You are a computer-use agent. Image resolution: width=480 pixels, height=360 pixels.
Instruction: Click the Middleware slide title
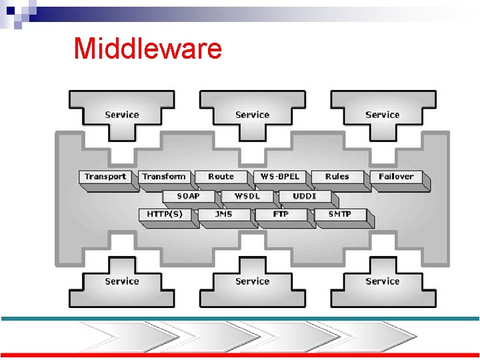pos(147,49)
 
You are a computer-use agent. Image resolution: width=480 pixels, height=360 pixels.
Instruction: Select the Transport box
pos(105,177)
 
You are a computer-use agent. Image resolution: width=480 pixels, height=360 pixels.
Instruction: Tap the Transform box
pos(163,177)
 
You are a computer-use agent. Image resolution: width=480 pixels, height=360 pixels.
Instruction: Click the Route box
pos(221,177)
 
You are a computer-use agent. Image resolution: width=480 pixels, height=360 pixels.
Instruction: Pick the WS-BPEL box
pos(280,177)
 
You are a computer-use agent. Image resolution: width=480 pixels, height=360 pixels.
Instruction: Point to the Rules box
pos(337,177)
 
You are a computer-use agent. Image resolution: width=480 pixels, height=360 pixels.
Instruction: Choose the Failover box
pos(396,177)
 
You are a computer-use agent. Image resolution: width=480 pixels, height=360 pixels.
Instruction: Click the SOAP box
pos(189,196)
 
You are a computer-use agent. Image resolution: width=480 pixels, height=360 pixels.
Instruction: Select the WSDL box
pos(247,196)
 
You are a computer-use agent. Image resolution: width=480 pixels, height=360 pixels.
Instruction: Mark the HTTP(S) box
pos(164,215)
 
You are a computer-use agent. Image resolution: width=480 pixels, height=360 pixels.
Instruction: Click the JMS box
pos(223,215)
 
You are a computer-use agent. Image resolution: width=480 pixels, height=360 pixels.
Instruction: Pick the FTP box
pos(281,215)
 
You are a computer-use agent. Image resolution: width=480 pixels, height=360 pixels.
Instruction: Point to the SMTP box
pos(339,215)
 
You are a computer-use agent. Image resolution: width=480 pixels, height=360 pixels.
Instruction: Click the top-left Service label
pos(122,115)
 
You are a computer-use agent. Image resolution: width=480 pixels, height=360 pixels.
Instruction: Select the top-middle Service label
pos(252,115)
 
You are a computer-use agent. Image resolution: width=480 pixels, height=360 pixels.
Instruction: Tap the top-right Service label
pos(383,115)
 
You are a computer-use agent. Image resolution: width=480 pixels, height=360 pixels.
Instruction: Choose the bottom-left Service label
pos(122,281)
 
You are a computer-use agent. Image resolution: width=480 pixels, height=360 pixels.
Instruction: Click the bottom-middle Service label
pos(252,281)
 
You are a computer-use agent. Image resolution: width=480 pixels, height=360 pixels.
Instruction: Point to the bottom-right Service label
pos(383,281)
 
